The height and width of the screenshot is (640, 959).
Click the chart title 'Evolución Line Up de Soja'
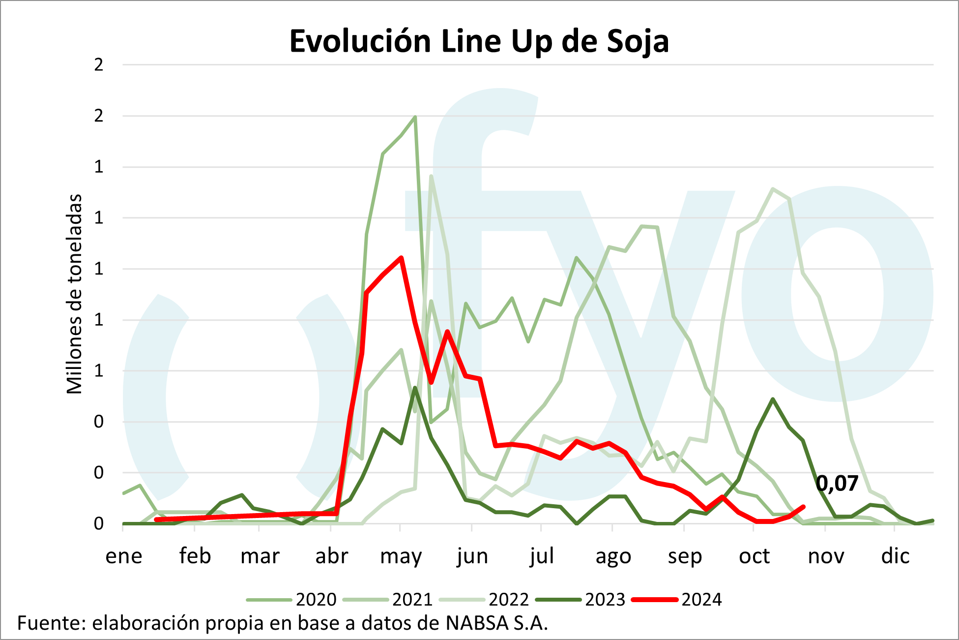[x=479, y=41]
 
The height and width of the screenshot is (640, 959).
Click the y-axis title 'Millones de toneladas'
[x=74, y=294]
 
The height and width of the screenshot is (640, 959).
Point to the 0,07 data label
[x=837, y=484]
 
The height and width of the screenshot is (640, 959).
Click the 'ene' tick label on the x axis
[x=124, y=556]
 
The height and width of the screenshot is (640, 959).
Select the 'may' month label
[x=401, y=556]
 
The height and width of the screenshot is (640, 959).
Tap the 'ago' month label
[x=613, y=556]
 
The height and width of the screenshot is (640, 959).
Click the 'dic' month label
[x=895, y=556]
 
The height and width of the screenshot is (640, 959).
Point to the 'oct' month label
[x=754, y=556]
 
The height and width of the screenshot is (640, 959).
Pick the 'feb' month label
[x=195, y=556]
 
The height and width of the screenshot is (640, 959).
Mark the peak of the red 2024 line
[x=401, y=257]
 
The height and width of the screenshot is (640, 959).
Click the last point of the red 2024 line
[x=803, y=507]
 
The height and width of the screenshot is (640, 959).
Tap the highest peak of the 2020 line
[x=415, y=117]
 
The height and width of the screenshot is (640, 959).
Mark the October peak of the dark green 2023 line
[x=773, y=399]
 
